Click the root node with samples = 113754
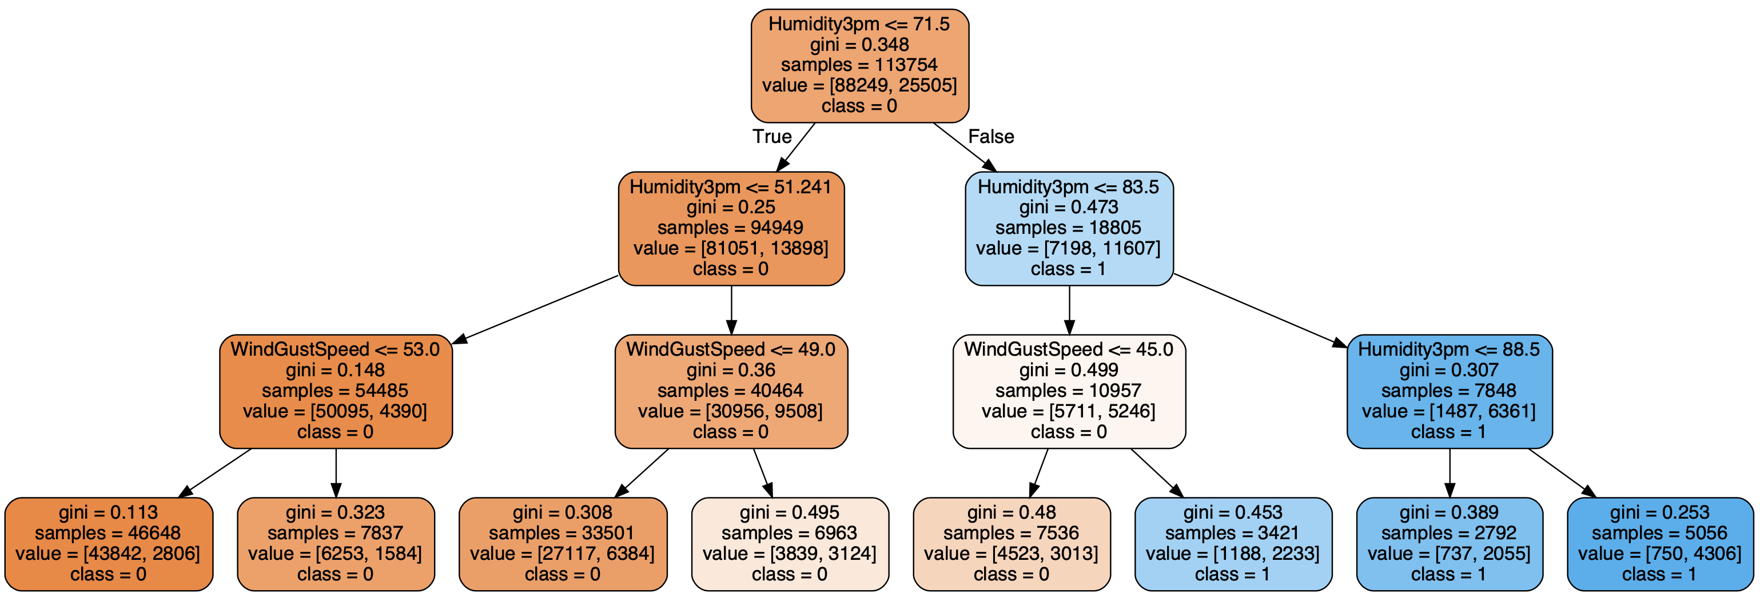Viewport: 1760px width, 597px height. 859,66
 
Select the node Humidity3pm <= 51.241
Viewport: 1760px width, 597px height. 731,228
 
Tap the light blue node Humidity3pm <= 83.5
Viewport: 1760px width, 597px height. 1069,228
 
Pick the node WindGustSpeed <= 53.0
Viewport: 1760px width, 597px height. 336,391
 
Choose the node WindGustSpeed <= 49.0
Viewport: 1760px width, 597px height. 731,391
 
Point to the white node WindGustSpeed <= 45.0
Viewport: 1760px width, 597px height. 1069,391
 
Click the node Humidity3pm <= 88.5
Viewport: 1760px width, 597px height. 1449,391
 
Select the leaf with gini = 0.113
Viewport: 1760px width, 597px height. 109,544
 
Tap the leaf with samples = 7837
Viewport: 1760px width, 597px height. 336,544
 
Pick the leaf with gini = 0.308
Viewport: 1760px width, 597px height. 562,544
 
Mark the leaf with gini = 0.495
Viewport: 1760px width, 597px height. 790,544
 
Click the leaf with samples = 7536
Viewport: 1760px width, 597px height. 1011,544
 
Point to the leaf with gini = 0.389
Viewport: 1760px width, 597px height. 1449,544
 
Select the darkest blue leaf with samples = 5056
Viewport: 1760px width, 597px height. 1659,544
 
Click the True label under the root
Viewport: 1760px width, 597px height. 772,137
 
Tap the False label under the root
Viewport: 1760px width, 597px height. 991,137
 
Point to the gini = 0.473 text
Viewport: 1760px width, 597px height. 1069,207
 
